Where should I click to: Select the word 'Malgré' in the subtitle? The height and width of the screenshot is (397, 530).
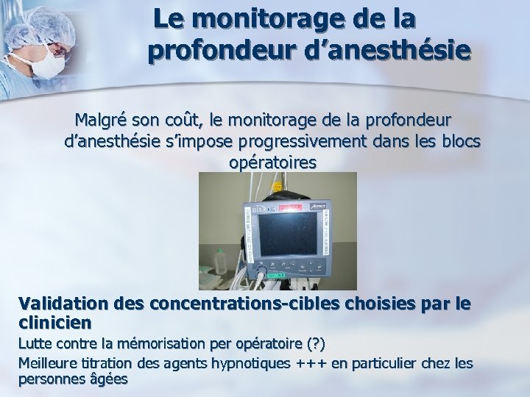tap(104, 118)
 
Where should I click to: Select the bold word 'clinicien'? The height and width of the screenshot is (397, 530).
tap(55, 322)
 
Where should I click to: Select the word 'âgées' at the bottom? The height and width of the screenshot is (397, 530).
tap(107, 379)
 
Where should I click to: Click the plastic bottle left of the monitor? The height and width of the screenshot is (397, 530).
tap(219, 261)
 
